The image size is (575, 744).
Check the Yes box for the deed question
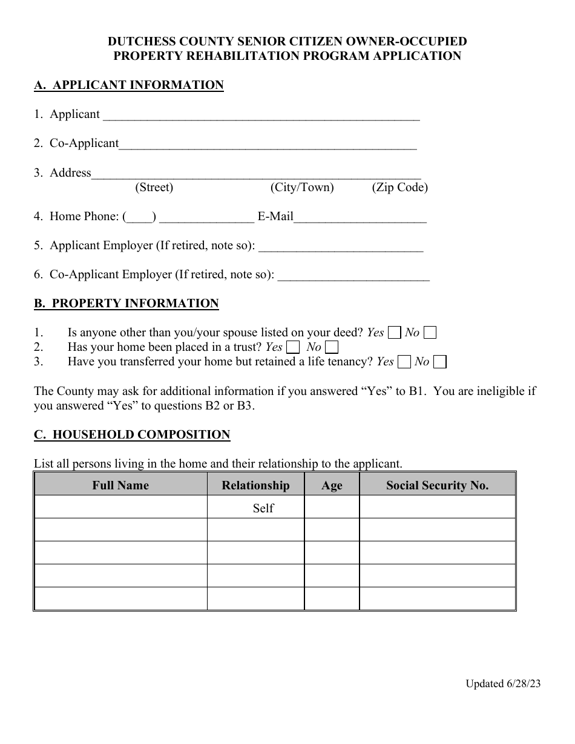point(394,333)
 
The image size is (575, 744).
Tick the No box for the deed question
point(430,333)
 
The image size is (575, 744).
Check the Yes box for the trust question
point(292,347)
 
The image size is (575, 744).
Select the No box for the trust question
point(331,347)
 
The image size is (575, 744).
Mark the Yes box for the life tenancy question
point(404,362)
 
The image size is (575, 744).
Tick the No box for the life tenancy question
point(440,362)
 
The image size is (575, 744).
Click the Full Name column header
point(120,485)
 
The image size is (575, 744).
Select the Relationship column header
point(255,485)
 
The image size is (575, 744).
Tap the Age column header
point(332,486)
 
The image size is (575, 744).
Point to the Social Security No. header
point(437,485)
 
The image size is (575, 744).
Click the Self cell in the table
point(263,508)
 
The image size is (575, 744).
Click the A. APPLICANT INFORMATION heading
point(129,85)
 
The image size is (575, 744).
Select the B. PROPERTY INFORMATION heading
point(126,304)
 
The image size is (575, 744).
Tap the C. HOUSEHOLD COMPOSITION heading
point(132,435)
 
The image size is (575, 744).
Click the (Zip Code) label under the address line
point(399,188)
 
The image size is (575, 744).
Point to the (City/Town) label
point(302,188)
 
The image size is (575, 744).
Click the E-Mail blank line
point(360,219)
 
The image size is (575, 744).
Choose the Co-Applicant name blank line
point(268,146)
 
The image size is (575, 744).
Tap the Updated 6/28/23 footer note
point(503,684)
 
